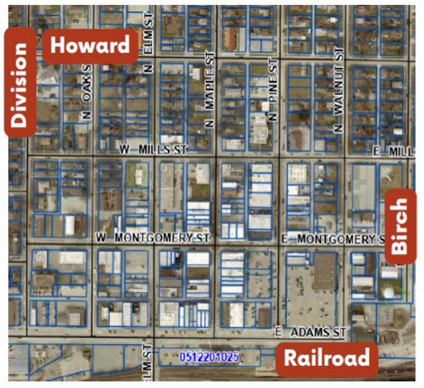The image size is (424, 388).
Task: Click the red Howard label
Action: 90,46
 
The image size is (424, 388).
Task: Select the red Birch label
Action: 400,226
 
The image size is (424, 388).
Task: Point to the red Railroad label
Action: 327,359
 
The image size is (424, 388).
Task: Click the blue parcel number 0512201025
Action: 209,357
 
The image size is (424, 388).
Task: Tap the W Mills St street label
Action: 153,149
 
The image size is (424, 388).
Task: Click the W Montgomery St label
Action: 153,238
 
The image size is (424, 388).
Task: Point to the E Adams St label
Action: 310,332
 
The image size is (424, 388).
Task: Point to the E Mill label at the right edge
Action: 393,152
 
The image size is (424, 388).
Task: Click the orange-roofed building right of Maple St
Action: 230,39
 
